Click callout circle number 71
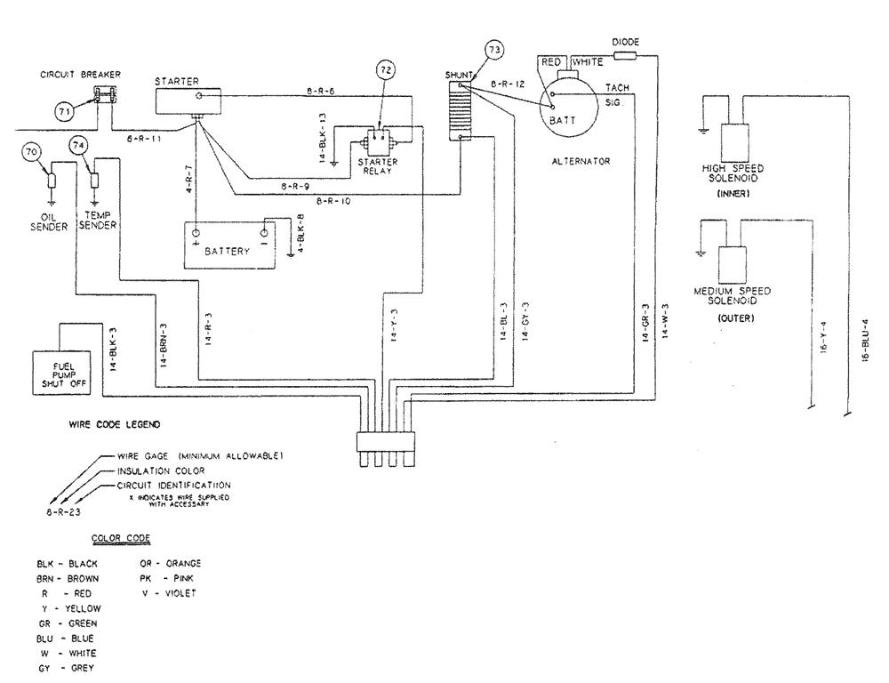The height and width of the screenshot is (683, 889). [x=63, y=112]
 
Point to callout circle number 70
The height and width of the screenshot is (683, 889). [x=32, y=152]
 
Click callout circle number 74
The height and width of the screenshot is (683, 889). [x=78, y=145]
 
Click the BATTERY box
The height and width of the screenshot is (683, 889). [x=228, y=245]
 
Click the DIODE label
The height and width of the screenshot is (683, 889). [x=626, y=42]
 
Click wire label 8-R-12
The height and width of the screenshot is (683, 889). [x=506, y=83]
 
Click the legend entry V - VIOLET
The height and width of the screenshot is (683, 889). [x=168, y=592]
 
